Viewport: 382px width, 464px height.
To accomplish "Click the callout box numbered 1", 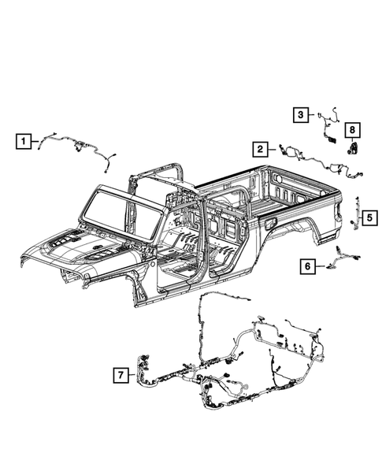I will click(x=25, y=142).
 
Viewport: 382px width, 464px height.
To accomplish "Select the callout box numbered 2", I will click(x=258, y=147).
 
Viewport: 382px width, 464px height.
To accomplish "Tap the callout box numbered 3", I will click(x=302, y=116).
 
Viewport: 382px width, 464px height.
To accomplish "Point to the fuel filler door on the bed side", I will click(x=273, y=225).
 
